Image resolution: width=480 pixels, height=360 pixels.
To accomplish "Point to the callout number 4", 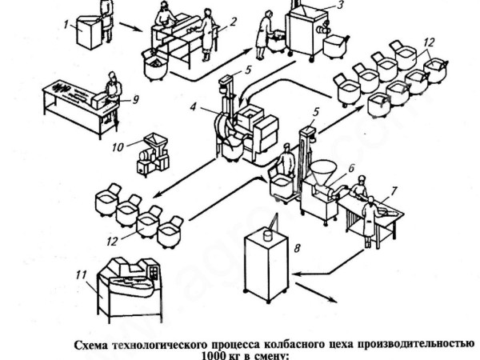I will tap(194, 104).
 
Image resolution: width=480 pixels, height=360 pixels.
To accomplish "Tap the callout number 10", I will tap(118, 147).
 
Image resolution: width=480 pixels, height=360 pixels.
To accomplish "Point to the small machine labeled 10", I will tap(150, 155).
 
